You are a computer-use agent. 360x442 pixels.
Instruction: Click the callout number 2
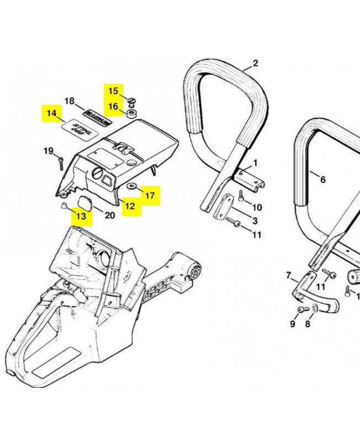click(255, 63)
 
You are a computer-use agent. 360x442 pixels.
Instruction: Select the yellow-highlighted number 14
click(52, 113)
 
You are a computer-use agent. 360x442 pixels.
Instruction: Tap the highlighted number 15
click(113, 91)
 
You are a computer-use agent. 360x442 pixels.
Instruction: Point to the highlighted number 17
click(150, 195)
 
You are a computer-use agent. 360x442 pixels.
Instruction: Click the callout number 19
click(49, 151)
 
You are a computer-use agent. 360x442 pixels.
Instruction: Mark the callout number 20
click(110, 215)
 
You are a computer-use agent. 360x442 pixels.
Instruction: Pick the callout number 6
click(323, 179)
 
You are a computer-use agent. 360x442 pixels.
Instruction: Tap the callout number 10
click(257, 207)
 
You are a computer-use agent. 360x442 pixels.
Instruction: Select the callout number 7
click(288, 275)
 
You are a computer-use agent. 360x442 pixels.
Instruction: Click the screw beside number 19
click(60, 162)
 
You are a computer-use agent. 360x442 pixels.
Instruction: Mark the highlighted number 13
click(81, 216)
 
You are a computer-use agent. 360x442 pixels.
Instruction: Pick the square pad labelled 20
click(86, 202)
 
